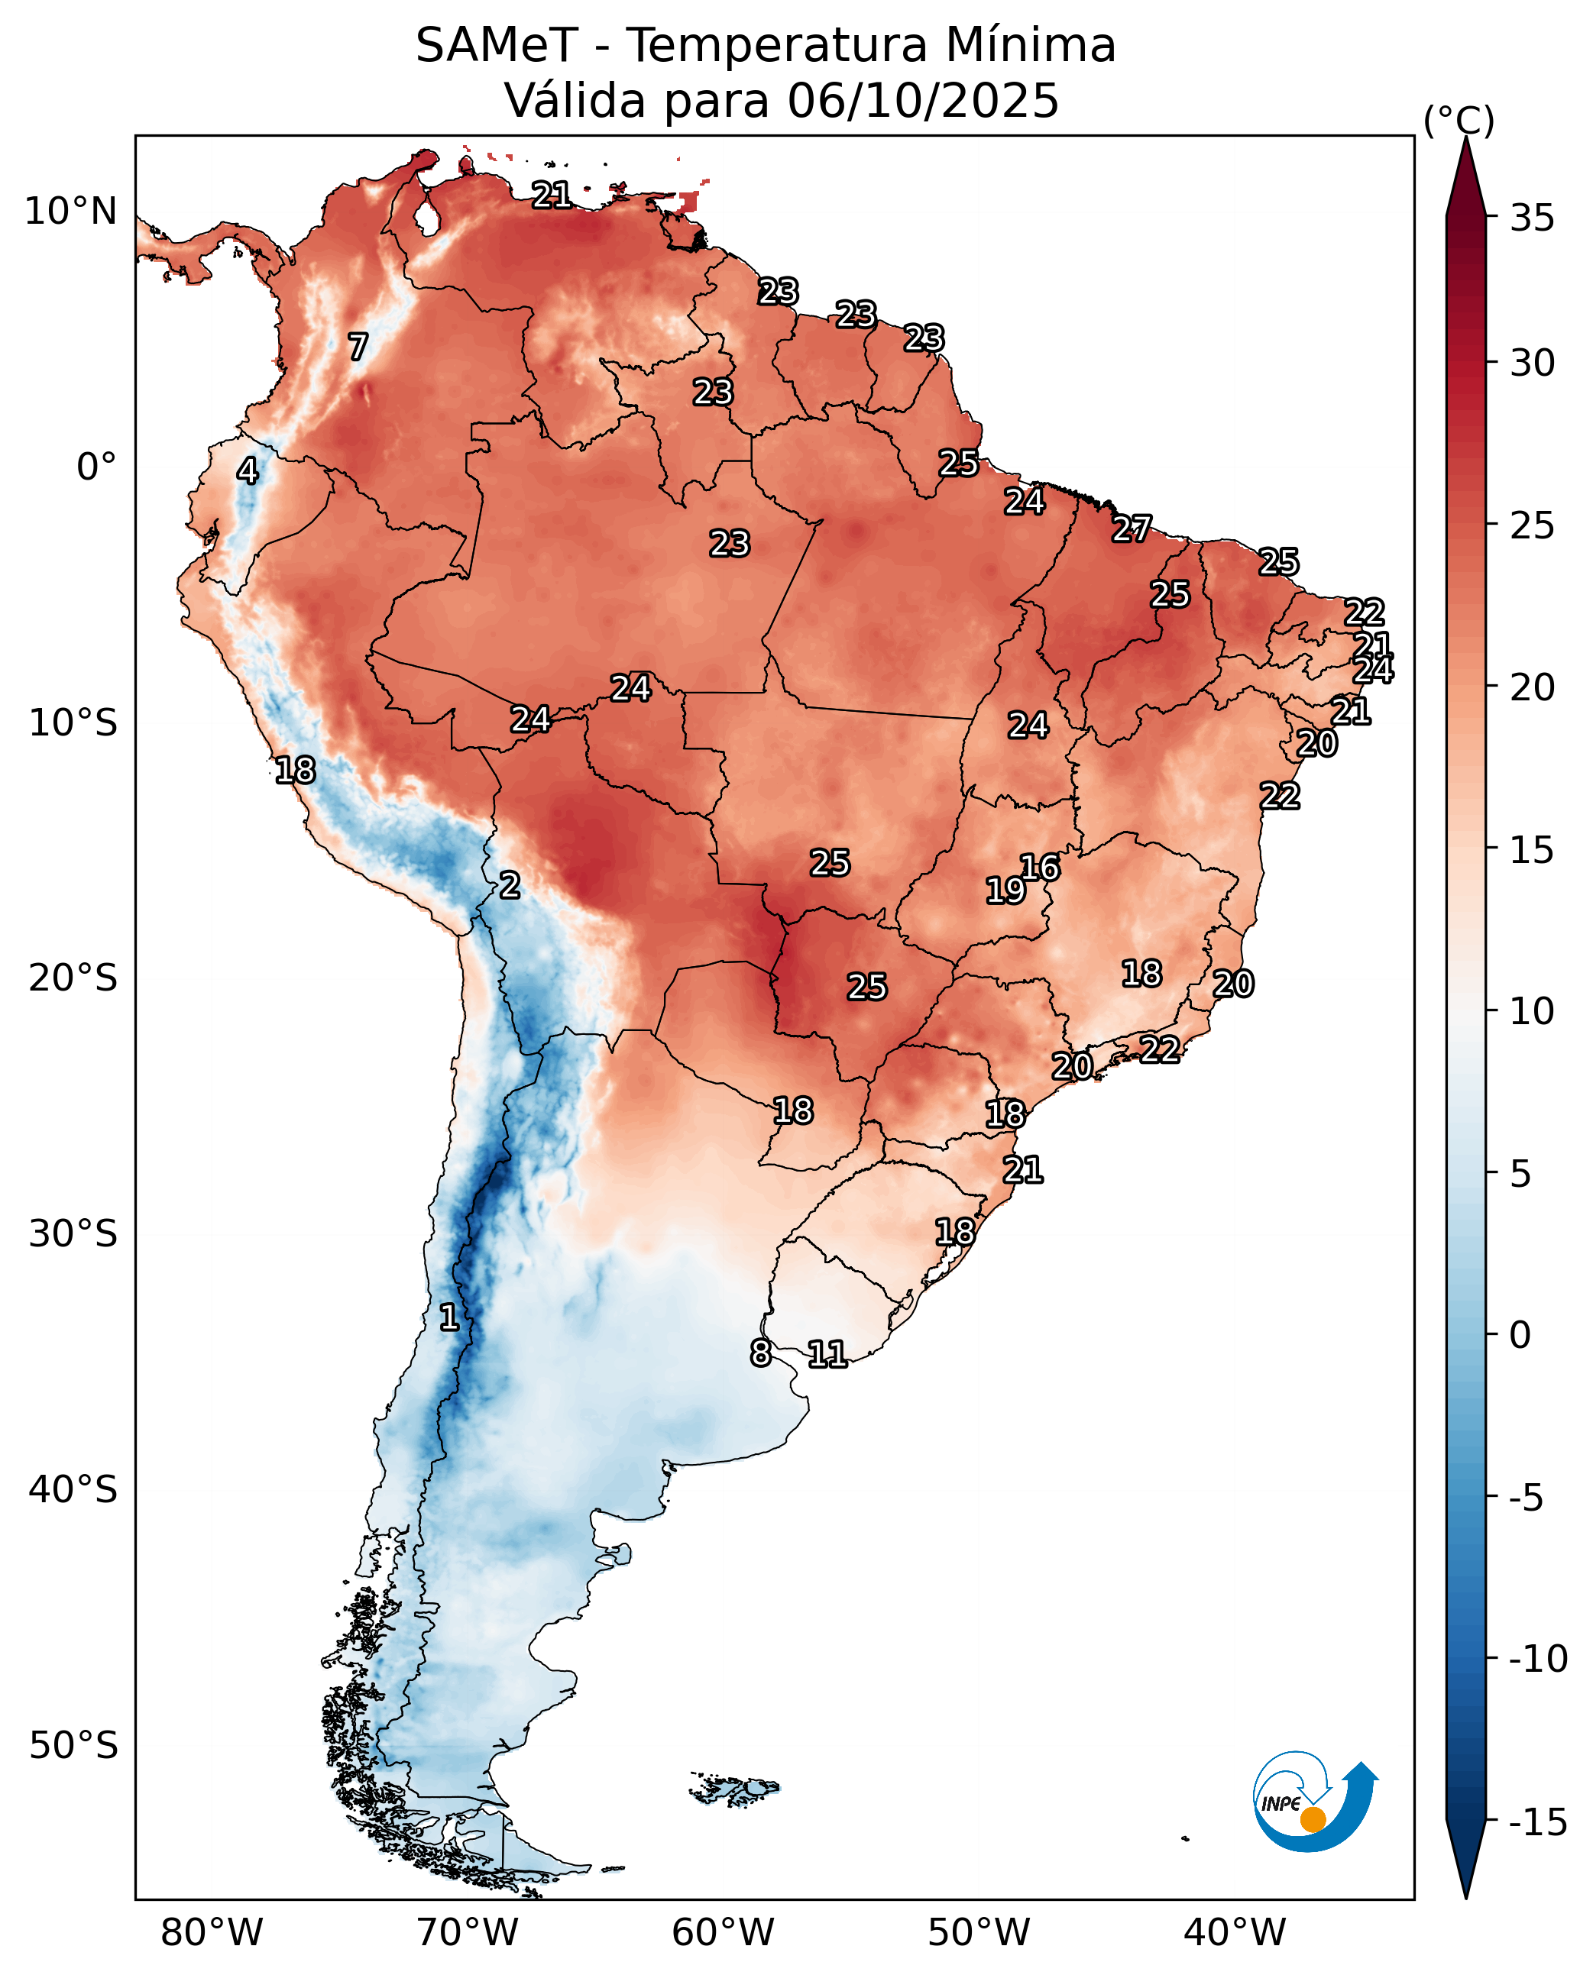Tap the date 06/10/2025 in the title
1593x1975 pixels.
(x=923, y=101)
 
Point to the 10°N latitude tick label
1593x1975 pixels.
(x=70, y=212)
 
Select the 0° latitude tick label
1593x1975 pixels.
(x=96, y=467)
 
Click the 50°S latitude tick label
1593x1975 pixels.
(x=73, y=1745)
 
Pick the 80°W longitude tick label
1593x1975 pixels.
(x=212, y=1932)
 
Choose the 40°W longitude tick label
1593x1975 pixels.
(x=1235, y=1932)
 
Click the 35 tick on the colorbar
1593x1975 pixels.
(x=1533, y=218)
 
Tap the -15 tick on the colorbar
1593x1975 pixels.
(x=1538, y=1823)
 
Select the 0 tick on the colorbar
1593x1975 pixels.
(x=1520, y=1335)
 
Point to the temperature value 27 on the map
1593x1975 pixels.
(x=1132, y=529)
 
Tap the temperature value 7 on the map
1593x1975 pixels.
(x=358, y=347)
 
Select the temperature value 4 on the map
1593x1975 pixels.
(x=248, y=470)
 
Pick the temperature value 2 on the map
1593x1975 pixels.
(x=510, y=885)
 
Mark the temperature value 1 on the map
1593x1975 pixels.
(x=448, y=1317)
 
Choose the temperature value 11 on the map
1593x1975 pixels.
(x=827, y=1353)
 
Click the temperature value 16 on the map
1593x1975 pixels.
(x=1041, y=867)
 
